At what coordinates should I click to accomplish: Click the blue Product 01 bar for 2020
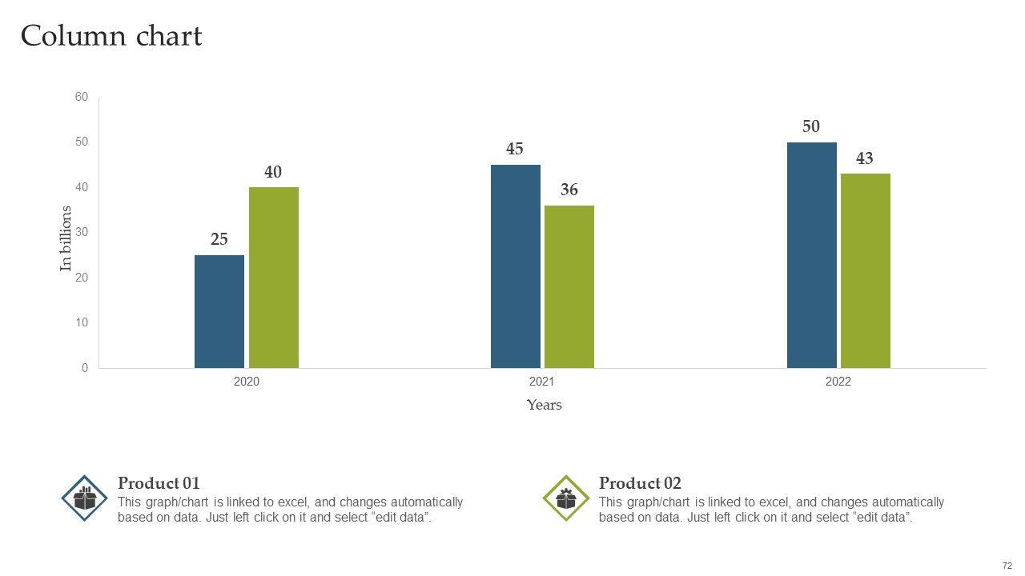219,312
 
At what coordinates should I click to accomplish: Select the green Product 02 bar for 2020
274,278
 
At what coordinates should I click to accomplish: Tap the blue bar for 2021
516,266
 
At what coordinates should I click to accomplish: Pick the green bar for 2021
569,286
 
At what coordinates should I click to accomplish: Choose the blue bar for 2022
812,255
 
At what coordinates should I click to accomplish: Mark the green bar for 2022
866,270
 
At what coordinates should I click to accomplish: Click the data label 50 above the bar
811,126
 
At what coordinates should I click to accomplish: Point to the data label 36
569,190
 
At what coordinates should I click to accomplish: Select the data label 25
219,239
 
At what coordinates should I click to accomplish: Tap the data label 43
865,159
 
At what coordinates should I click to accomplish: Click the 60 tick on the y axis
82,97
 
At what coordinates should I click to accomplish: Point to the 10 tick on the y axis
82,322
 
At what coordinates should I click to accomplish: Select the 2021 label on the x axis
542,382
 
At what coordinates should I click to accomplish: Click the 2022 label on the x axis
838,382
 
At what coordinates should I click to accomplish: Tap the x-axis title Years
545,405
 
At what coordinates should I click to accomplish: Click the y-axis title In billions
66,238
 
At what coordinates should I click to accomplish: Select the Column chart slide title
111,37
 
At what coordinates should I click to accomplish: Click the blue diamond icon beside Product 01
85,498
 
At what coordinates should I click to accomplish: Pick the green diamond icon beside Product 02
566,498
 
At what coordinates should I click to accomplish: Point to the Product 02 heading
640,483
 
